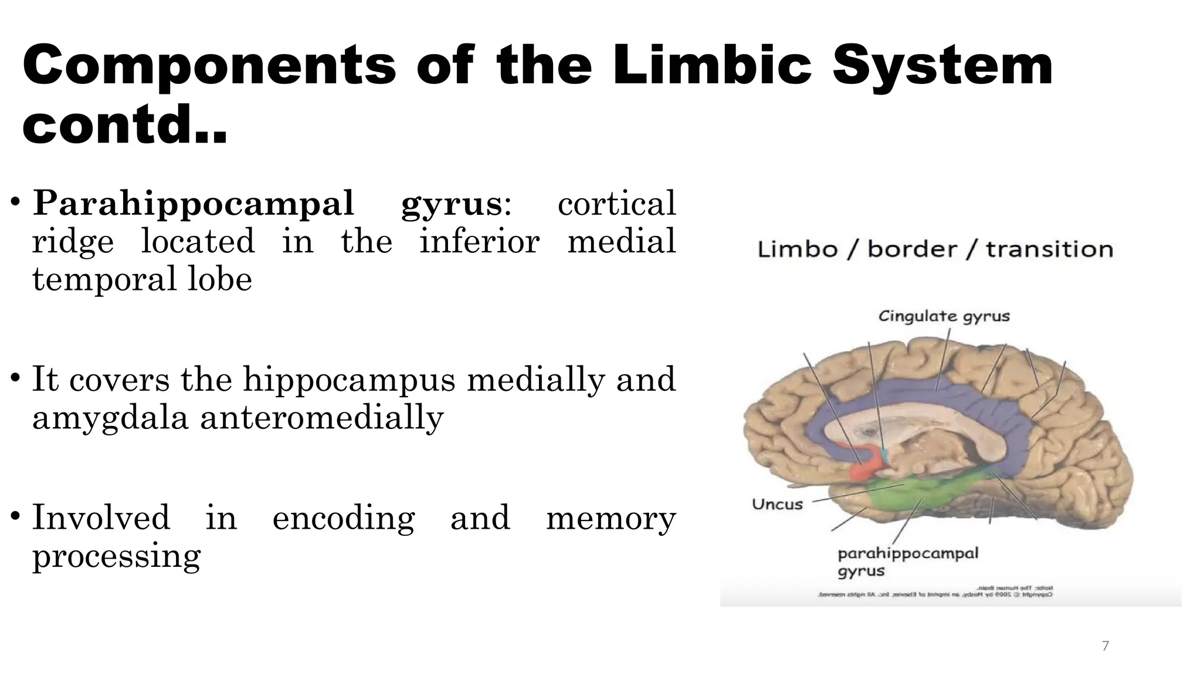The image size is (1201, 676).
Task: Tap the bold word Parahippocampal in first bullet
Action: click(194, 204)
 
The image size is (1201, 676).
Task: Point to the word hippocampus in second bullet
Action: click(349, 380)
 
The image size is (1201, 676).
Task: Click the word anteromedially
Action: click(321, 417)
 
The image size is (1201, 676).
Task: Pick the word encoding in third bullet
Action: click(343, 518)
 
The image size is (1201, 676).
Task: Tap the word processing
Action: click(116, 556)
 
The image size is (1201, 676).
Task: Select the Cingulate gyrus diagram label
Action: click(944, 316)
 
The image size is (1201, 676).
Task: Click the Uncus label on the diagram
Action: click(777, 504)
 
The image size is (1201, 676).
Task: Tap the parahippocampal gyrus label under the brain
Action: click(907, 562)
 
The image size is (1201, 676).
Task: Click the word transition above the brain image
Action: click(1049, 249)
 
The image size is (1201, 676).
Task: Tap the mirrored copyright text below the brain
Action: click(935, 591)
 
